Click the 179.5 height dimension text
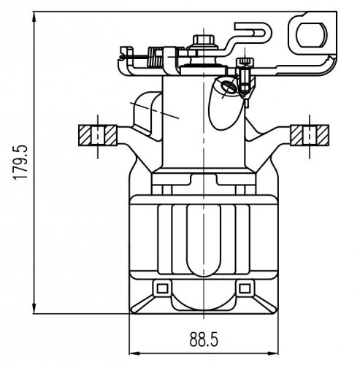(20, 162)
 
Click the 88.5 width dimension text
(204, 339)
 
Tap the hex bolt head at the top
(204, 39)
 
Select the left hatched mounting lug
(98, 135)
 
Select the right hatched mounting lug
(310, 135)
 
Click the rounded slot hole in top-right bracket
(312, 35)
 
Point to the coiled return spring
(155, 57)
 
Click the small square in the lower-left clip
(162, 289)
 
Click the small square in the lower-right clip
(245, 289)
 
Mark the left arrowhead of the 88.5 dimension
(134, 353)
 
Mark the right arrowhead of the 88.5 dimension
(272, 353)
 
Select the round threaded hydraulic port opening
(228, 87)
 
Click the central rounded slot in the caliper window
(204, 240)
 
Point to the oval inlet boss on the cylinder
(225, 104)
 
